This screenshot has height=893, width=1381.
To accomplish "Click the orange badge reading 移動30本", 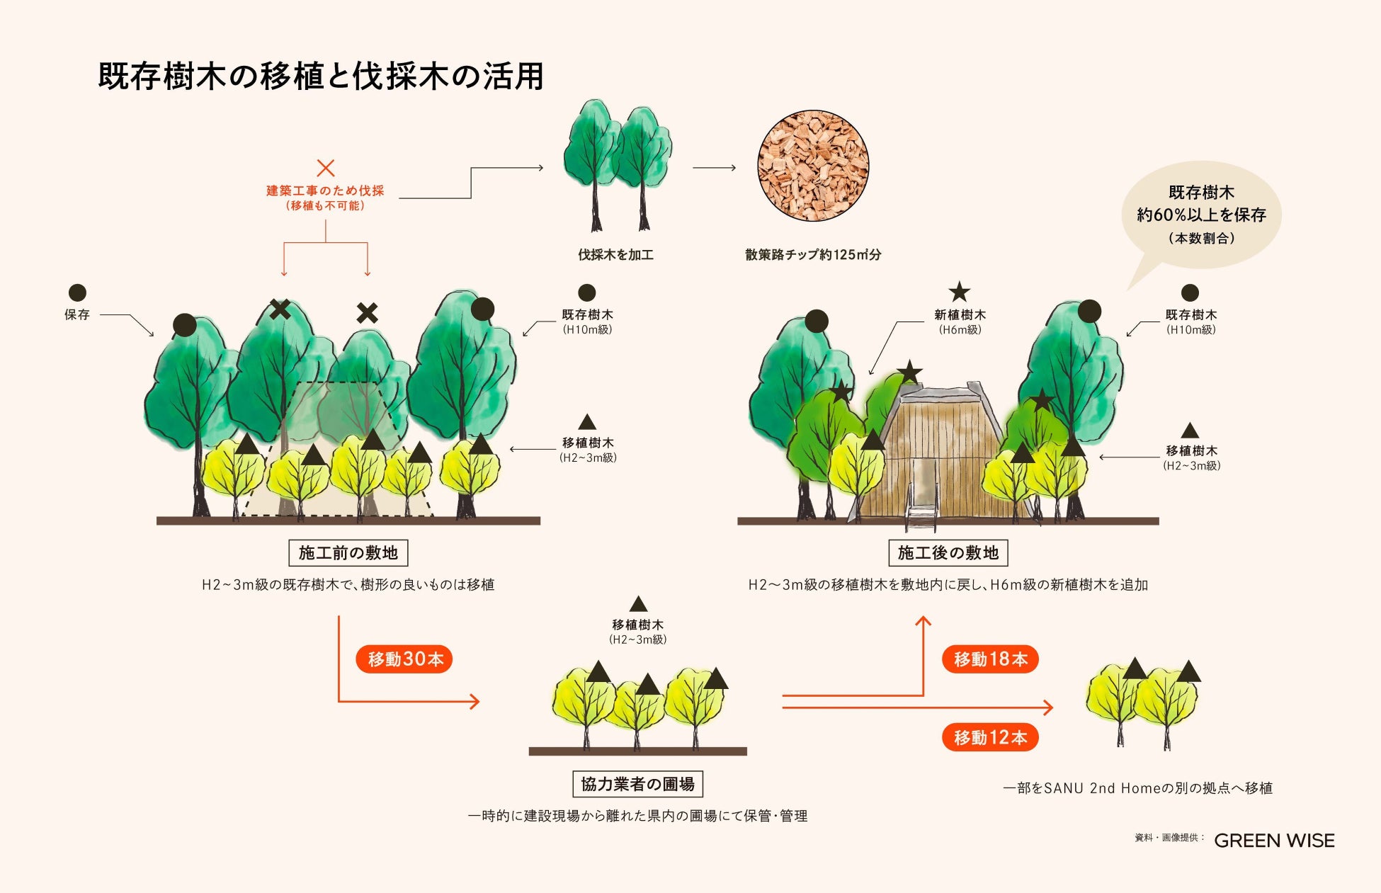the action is coord(404,659).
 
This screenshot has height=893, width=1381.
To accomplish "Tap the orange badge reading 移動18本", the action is coord(990,659).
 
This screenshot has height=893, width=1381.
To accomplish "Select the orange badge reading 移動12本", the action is coord(990,738).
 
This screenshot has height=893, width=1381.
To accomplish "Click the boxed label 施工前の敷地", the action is coord(348,552).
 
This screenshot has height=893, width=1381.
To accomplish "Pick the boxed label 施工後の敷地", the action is coord(948,552).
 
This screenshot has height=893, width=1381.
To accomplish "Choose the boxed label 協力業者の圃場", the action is coord(637,784).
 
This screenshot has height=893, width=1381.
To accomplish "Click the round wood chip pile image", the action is coord(813,166).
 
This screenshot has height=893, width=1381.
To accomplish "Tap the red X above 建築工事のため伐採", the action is coord(326,168).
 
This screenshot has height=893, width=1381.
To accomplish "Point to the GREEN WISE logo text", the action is coord(1274,841).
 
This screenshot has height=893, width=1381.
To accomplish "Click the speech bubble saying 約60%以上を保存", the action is coord(1201,215).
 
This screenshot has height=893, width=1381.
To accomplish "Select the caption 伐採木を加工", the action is coord(615,255).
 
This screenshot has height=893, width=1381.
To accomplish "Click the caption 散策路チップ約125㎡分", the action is coord(813,255).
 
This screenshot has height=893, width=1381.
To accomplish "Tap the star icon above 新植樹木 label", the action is coord(960,292).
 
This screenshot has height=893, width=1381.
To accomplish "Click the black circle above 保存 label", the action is coord(77,292).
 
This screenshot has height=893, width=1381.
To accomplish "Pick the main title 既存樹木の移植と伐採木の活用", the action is coord(321,76).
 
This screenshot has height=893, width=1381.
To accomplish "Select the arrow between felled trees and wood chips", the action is coord(714,168).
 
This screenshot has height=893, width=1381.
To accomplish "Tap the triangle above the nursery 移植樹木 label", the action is coord(638,604).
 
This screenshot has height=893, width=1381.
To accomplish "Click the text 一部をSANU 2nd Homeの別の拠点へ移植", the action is coord(1137,788).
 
